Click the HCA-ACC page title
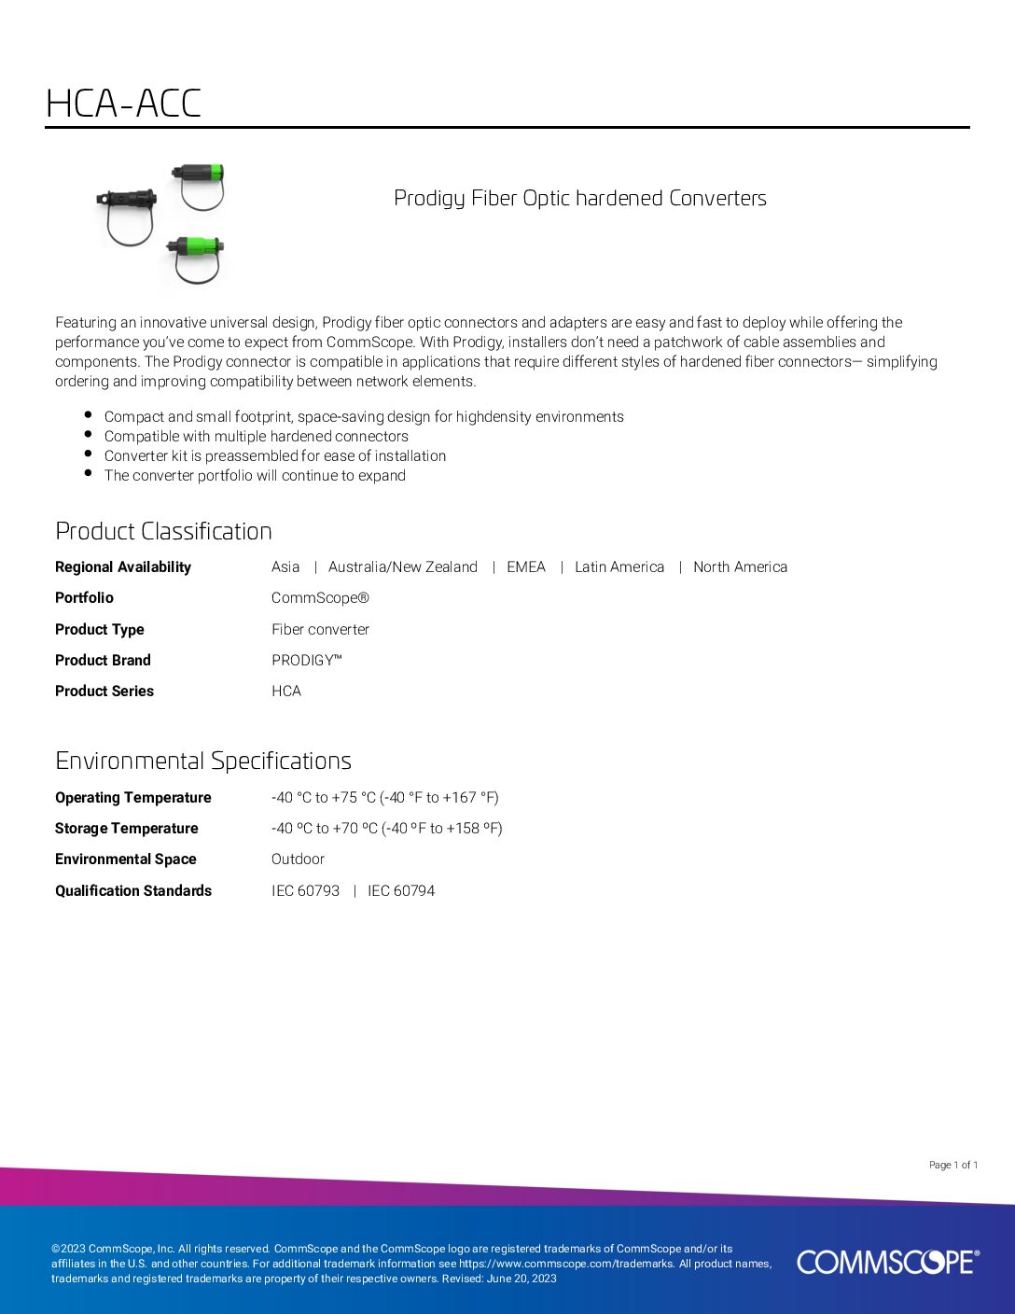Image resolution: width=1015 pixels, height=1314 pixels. point(123,104)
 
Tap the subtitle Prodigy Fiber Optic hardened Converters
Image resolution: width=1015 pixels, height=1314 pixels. point(579,198)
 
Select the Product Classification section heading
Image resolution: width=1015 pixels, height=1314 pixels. point(163,531)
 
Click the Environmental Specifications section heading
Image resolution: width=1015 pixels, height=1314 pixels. point(202,761)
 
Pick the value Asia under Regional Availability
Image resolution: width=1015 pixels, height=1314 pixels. point(285,566)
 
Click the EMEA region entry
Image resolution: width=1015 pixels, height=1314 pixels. point(525,566)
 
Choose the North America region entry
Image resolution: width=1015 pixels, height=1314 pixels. point(740,566)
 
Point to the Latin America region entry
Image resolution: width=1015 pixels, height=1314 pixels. point(619,566)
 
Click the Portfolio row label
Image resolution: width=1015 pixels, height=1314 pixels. point(84,597)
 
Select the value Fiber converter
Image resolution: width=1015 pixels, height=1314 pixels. point(320,629)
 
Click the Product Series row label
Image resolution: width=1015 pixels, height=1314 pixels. point(104,691)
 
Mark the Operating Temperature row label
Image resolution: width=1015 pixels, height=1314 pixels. point(133,797)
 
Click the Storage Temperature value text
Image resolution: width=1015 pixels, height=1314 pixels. point(386,828)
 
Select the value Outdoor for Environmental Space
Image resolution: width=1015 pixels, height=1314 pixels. point(298,859)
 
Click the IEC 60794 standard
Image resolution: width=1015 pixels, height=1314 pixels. point(401,890)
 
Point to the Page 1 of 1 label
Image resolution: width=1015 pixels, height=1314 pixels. point(952,1165)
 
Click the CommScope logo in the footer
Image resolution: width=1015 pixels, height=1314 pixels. point(887,1262)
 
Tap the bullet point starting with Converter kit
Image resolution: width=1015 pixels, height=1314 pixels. point(275,455)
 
